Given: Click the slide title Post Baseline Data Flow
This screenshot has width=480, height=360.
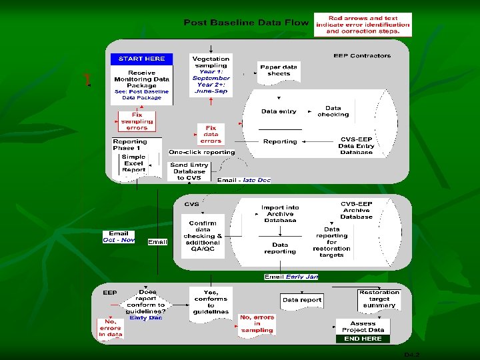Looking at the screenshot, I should tap(246, 23).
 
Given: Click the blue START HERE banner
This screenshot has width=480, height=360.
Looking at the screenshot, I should tap(141, 59).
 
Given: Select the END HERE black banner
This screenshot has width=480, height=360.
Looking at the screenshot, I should tap(363, 339).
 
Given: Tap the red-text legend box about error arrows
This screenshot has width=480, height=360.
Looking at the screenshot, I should tap(363, 25).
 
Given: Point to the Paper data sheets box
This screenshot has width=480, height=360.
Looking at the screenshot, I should tap(279, 71).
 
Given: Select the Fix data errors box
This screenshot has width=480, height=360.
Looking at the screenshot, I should tap(211, 134).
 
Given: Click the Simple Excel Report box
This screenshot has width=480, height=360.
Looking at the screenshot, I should tap(133, 164).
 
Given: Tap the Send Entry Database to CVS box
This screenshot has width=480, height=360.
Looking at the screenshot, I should tap(189, 171).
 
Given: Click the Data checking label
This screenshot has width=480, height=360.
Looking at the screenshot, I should tap(333, 111).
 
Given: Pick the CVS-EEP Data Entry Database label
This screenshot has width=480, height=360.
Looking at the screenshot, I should tap(356, 145).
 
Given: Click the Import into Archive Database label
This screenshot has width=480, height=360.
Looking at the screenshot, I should tap(280, 213).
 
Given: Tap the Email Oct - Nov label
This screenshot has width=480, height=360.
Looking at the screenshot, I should tap(119, 237).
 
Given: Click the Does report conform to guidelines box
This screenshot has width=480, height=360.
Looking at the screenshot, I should tap(146, 305).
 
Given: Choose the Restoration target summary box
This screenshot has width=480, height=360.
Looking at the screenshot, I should tap(379, 299).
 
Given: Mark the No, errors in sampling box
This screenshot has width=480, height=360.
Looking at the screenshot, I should tap(257, 324).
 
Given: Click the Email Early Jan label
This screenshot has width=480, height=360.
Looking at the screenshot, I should tap(291, 277).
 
